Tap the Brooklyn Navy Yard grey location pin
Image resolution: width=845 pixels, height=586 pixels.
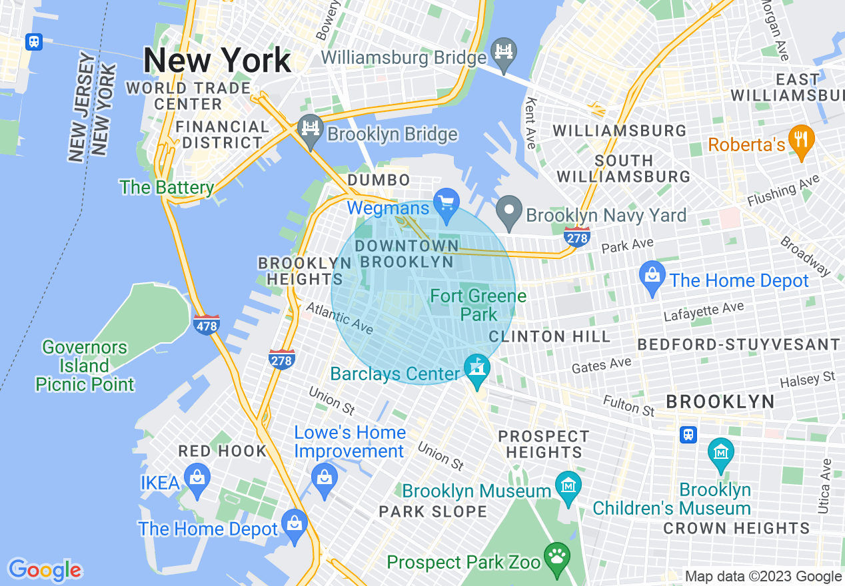coord(510,207)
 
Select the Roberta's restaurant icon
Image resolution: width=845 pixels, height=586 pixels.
coord(801,140)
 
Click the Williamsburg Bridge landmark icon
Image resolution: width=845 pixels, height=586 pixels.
coord(504,51)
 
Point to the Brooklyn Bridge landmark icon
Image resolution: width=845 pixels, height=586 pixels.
coord(311,127)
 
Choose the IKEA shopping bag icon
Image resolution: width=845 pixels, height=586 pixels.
coord(197,477)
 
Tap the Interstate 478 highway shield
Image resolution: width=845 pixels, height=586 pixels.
coord(207,324)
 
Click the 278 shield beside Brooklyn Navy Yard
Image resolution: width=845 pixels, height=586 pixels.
coord(576,236)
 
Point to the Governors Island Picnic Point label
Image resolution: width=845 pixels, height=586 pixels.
coord(85,366)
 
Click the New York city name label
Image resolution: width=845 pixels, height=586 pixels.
coord(217,61)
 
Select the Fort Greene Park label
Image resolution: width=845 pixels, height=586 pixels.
coord(478,304)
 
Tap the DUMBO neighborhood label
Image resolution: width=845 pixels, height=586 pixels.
coord(379,180)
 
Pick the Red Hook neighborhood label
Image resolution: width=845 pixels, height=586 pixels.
coord(222,451)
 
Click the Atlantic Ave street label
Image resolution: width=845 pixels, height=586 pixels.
coord(339,318)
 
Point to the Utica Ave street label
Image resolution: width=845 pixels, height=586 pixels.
coord(826,485)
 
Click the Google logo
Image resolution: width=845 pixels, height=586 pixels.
coord(45,570)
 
